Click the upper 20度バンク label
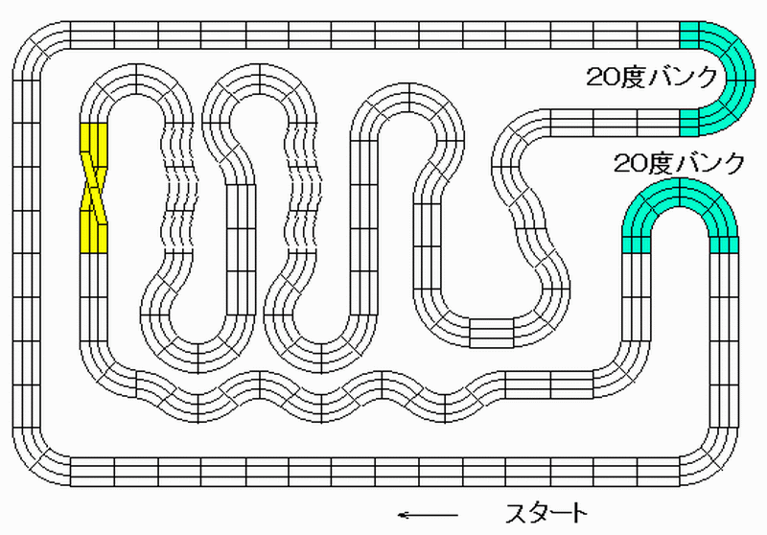(x=652, y=78)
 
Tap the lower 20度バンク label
(x=680, y=163)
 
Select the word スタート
(x=546, y=514)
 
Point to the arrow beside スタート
(x=428, y=515)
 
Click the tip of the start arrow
(x=398, y=515)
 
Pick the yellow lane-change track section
(x=93, y=188)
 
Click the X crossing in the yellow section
(x=93, y=188)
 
